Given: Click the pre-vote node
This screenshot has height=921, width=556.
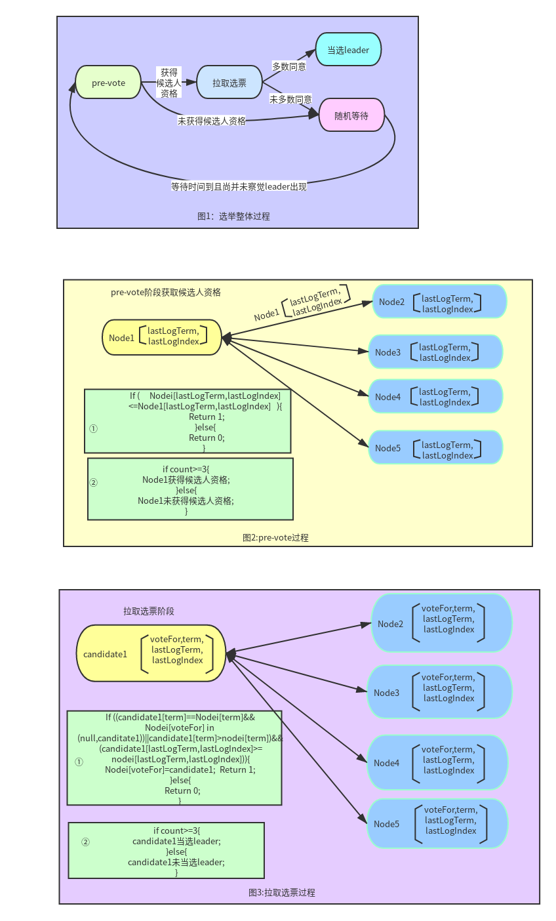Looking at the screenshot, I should tap(108, 83).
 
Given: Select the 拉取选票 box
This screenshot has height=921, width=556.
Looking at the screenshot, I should tap(229, 83).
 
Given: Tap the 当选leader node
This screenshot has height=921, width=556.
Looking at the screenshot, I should tap(348, 50).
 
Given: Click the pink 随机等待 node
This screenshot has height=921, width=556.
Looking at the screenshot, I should tap(351, 115).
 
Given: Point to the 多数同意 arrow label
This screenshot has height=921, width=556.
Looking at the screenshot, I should tap(289, 67).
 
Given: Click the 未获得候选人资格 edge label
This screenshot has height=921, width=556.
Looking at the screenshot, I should tap(212, 121).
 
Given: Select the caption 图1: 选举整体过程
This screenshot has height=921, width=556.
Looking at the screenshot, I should tap(233, 216).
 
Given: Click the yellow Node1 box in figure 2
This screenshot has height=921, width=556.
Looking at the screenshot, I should tap(162, 337).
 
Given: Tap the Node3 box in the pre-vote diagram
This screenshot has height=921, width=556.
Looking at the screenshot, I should tap(435, 352).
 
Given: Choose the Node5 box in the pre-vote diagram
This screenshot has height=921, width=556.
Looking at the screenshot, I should tap(435, 448).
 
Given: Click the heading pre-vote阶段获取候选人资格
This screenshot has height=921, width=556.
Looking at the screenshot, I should tap(166, 293).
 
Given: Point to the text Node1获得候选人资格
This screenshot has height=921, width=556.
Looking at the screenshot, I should tap(186, 480).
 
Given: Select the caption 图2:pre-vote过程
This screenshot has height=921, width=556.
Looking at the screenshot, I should tap(275, 537).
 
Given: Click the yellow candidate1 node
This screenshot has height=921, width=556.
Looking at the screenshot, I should tap(151, 653).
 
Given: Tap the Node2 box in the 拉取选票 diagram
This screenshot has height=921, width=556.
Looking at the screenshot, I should tap(441, 623).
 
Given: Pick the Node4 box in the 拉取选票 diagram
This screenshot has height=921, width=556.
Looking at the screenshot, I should tap(437, 762).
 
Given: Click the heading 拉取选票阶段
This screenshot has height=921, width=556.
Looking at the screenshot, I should tap(149, 611).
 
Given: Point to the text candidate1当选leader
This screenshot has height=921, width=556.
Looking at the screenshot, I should tap(176, 841).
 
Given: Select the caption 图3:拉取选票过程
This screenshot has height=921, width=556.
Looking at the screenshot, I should tap(282, 892).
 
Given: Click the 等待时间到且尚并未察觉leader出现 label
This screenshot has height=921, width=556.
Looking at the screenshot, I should tap(239, 186).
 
